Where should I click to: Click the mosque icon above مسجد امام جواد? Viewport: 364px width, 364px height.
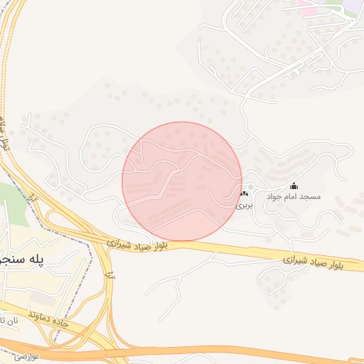coord(294,186)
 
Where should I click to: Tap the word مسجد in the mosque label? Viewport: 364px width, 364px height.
coord(310,196)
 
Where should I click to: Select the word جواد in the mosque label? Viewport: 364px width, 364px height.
coord(275,196)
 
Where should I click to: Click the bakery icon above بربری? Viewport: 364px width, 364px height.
coord(244,194)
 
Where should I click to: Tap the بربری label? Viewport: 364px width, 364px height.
coord(244,204)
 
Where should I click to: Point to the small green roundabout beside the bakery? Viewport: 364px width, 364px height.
coord(250,187)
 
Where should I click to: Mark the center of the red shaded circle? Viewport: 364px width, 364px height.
coord(182,181)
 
